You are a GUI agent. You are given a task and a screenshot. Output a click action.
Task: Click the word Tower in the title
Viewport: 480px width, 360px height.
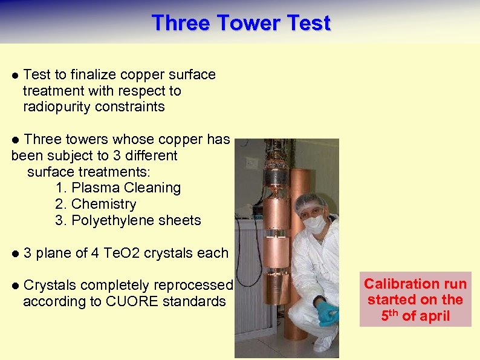(241, 23)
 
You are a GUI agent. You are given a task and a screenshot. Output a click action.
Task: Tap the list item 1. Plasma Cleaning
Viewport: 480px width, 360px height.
(118, 188)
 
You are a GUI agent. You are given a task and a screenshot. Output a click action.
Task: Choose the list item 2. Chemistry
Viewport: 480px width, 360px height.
(96, 205)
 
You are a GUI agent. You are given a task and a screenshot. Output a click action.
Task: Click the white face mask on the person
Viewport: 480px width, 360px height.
(314, 224)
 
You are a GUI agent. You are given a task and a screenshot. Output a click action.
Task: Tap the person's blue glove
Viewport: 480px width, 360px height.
(327, 313)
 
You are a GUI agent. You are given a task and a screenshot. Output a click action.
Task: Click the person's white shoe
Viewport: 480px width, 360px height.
(326, 342)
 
